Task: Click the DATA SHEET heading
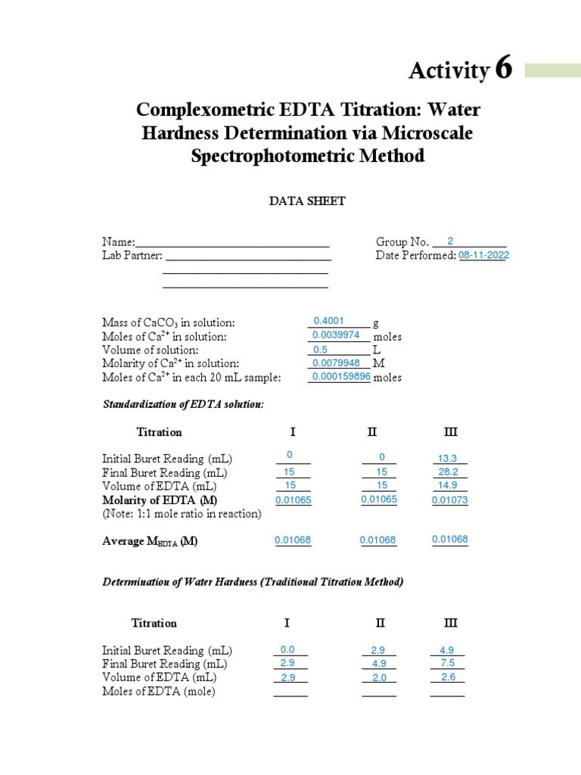coord(308,201)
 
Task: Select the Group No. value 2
coord(450,241)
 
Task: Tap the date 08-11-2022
coord(483,256)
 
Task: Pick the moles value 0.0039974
coord(338,335)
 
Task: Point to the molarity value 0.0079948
coord(338,363)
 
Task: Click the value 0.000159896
coord(339,377)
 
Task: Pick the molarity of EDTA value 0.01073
coord(450,500)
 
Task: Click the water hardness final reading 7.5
coord(447,663)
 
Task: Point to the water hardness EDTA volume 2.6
coord(447,677)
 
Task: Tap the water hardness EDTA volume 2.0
coord(379,678)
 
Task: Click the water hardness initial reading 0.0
coord(287,649)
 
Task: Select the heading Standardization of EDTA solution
coord(183,405)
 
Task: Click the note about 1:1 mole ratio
coord(182,514)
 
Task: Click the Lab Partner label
coord(132,256)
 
